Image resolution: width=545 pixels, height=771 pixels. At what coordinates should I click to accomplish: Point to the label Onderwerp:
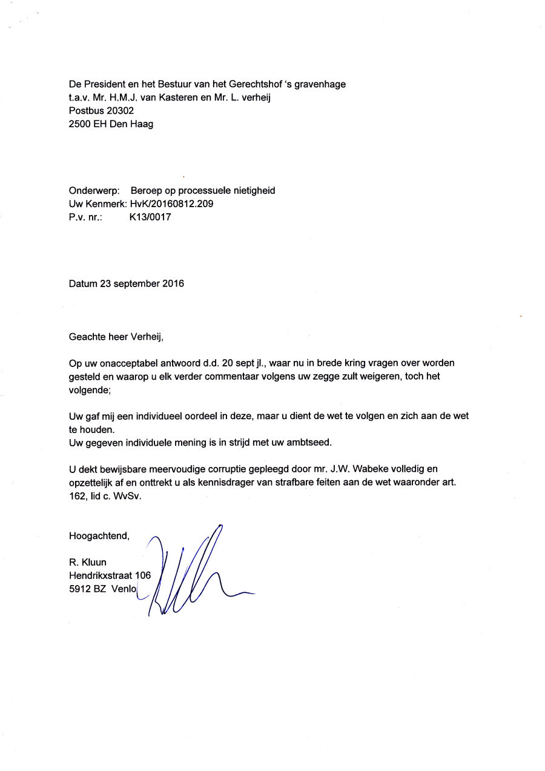click(x=94, y=191)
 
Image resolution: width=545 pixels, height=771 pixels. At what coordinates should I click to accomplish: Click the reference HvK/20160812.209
click(x=171, y=204)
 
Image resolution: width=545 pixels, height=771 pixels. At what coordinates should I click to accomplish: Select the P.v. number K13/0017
click(x=150, y=217)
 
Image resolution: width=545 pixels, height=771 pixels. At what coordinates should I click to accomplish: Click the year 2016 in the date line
click(x=173, y=283)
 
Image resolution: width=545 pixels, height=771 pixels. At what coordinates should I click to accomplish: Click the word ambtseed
click(x=311, y=443)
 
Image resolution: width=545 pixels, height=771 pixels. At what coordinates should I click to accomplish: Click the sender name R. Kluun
click(x=88, y=563)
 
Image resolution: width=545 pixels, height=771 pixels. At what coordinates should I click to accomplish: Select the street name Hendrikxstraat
click(x=101, y=576)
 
